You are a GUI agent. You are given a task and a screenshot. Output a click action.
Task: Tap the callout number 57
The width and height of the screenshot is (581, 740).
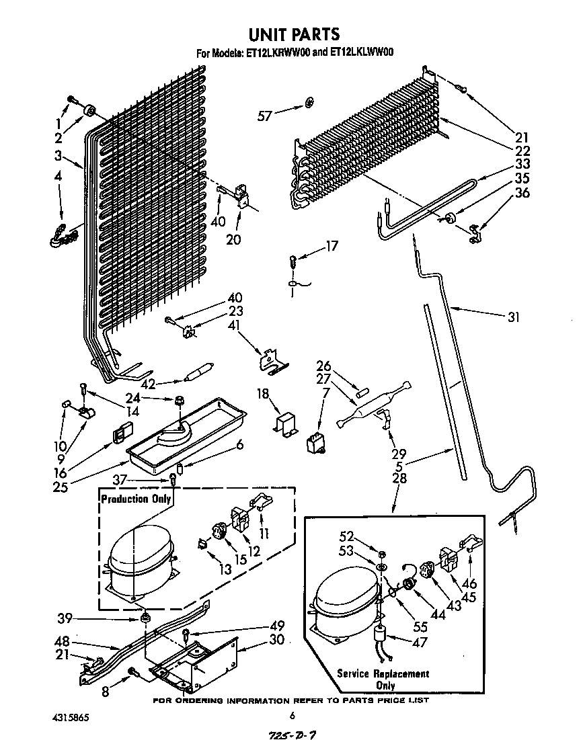(264, 116)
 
